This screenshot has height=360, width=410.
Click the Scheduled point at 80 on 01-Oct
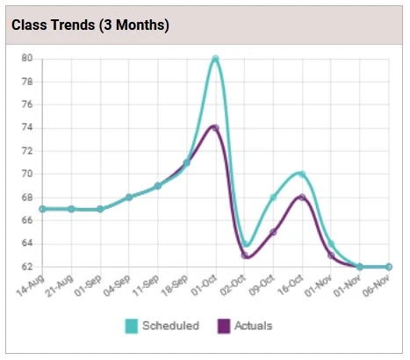(215, 59)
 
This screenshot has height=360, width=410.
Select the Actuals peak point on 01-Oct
(214, 127)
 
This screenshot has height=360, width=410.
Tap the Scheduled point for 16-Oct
(301, 174)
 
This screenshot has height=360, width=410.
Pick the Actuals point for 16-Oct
(301, 197)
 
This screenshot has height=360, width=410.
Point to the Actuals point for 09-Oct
(273, 232)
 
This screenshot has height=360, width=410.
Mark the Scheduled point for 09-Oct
(273, 197)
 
